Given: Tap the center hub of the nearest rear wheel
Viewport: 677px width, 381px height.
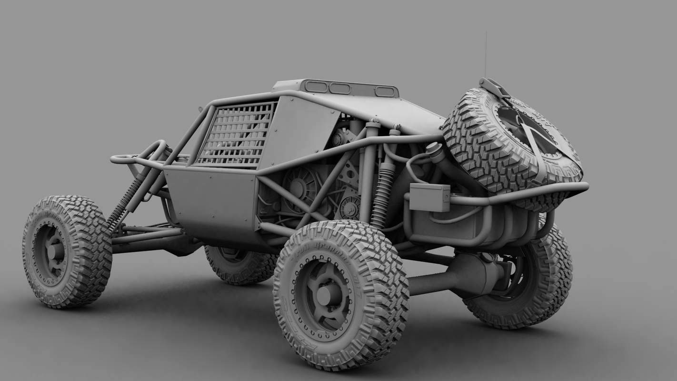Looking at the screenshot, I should [326, 295].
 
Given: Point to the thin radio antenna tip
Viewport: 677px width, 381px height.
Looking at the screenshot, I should [486, 34].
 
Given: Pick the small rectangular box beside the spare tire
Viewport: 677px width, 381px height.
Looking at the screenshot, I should [429, 197].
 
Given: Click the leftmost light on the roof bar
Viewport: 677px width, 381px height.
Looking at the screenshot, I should [316, 87].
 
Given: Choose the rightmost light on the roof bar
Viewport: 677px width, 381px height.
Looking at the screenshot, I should [385, 91].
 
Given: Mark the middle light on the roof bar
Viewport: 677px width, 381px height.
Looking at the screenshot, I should [340, 88].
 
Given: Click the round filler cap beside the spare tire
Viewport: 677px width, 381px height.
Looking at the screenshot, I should [434, 149].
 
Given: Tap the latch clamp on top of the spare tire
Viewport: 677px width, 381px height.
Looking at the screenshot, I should [495, 88].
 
